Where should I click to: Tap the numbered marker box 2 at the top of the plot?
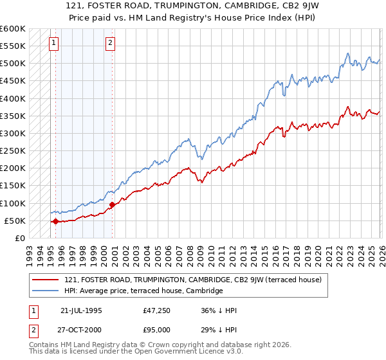[x=111, y=43]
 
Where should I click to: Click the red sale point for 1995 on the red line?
[x=55, y=222]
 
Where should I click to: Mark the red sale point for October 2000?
[x=112, y=205]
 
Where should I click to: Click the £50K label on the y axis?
[x=15, y=221]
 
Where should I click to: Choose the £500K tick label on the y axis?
[x=13, y=64]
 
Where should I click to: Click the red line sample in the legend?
[x=45, y=280]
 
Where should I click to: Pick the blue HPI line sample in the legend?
[x=45, y=291]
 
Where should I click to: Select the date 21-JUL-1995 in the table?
[x=81, y=310]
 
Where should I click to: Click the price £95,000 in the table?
[x=157, y=330]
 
